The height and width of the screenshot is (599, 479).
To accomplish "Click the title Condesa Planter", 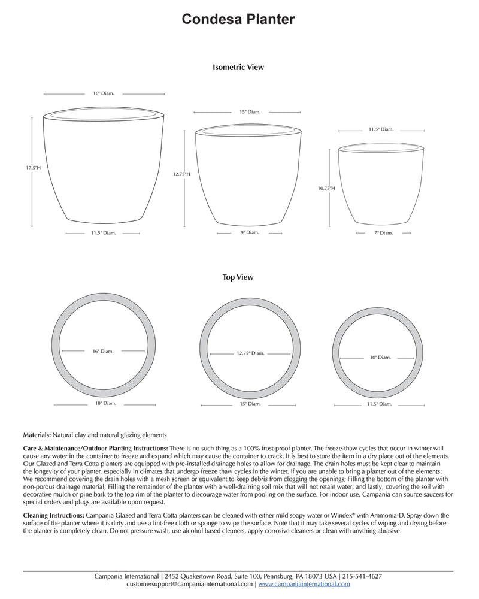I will tap(238, 20).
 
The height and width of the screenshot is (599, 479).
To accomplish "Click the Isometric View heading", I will tap(238, 68).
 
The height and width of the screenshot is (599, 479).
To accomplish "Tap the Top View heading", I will tap(238, 277).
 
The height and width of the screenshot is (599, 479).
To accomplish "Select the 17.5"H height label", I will tap(33, 168).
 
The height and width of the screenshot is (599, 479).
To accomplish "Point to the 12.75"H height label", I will tap(181, 174).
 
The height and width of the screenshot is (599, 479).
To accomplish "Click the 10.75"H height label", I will tap(326, 188).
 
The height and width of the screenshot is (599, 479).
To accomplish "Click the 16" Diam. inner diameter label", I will tap(103, 351).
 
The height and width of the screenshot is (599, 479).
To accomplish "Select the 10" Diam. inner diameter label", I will tap(380, 357).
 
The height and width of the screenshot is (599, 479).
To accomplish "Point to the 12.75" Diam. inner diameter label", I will tap(250, 353).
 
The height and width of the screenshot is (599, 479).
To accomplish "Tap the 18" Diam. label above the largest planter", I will tap(103, 93).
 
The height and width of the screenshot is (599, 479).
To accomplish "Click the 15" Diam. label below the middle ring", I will tap(250, 404).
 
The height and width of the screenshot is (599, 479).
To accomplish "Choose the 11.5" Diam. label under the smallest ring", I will tap(380, 404).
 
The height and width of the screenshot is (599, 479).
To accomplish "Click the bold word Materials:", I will tap(37, 434).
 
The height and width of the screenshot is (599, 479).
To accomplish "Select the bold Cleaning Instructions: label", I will tap(54, 515).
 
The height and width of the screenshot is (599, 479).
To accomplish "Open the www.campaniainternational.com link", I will tap(304, 583).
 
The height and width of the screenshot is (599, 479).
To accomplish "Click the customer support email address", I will tap(190, 583).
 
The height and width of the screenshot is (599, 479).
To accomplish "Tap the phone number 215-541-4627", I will tap(362, 576).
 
